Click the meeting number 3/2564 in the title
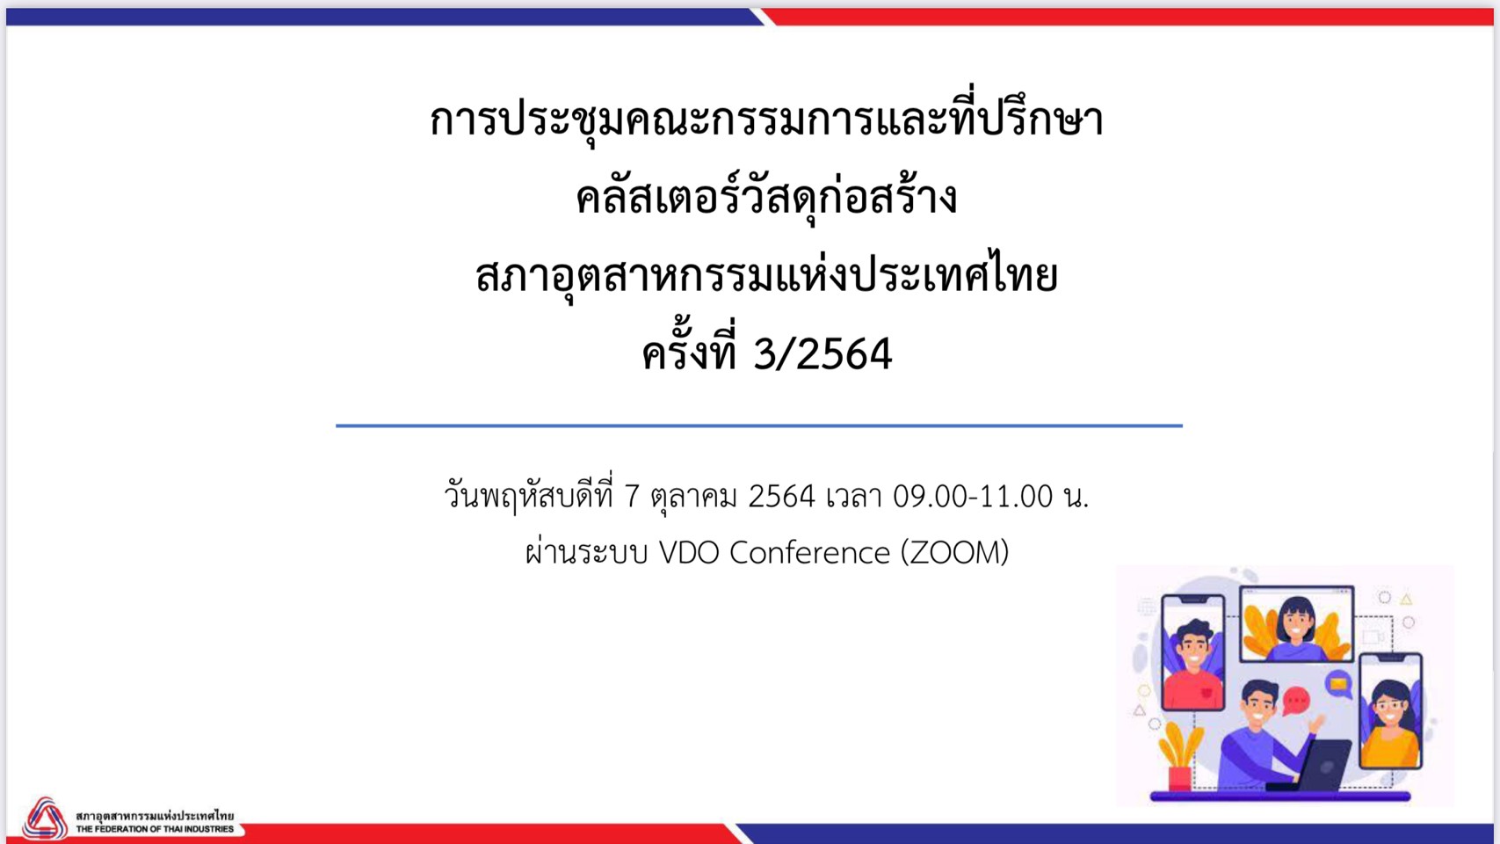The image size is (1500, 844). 822,353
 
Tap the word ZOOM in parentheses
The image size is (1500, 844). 954,553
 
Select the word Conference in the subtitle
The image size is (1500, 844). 810,553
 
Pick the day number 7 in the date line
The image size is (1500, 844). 632,497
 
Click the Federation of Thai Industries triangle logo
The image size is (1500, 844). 45,818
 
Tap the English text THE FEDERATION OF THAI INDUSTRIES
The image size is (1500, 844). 155,829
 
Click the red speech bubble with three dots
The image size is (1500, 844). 1296,702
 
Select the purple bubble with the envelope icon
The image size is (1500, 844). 1338,684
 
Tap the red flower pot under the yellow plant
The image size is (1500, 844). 1179,778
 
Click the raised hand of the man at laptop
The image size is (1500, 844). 1318,723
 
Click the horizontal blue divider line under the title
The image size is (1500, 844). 758,426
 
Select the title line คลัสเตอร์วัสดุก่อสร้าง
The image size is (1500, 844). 766,199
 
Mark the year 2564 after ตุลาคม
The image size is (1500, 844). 781,497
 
